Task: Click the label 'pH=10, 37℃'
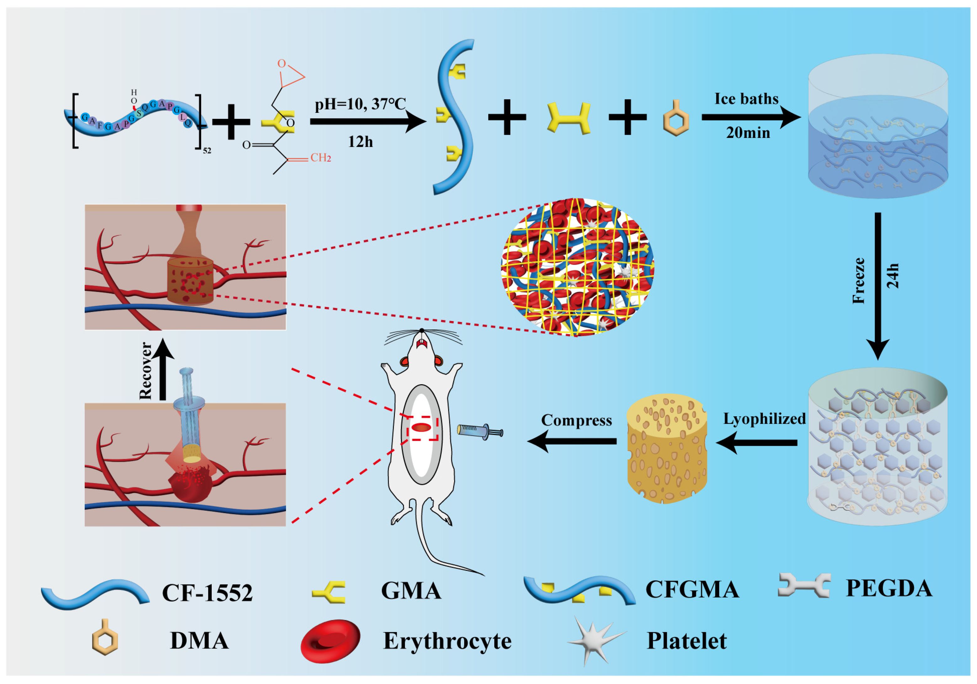(x=360, y=104)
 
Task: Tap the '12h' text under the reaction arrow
(x=360, y=142)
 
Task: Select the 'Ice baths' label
(x=746, y=99)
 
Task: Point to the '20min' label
(x=748, y=133)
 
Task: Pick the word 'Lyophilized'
(x=765, y=419)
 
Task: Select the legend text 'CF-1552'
(x=207, y=592)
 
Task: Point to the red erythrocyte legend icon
(x=331, y=641)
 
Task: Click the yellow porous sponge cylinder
(x=667, y=449)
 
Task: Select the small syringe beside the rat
(x=480, y=431)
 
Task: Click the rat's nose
(x=422, y=330)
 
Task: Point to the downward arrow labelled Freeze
(x=878, y=286)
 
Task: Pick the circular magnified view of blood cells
(x=577, y=267)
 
